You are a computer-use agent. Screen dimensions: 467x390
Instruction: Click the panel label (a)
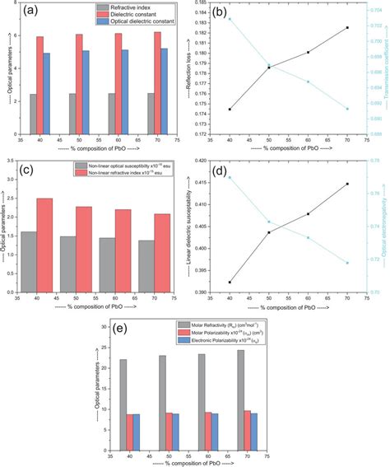(34, 12)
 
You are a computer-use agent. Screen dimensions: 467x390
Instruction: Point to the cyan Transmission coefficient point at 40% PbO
(229, 19)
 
